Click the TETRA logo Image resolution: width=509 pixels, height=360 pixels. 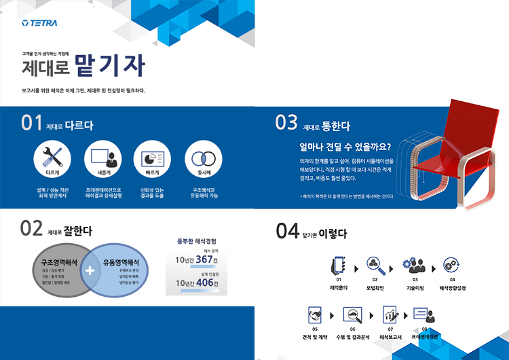pyautogui.click(x=39, y=23)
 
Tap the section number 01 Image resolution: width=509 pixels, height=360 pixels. pyautogui.click(x=32, y=124)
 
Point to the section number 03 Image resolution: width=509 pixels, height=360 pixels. pyautogui.click(x=286, y=123)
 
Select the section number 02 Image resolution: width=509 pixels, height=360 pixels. pyautogui.click(x=32, y=229)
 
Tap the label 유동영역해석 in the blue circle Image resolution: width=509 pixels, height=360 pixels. pyautogui.click(x=121, y=262)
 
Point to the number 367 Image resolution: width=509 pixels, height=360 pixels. pyautogui.click(x=204, y=259)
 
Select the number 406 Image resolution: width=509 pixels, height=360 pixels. pyautogui.click(x=204, y=283)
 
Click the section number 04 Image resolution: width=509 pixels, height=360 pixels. pyautogui.click(x=287, y=232)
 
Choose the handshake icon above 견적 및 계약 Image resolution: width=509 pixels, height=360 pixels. pyautogui.click(x=314, y=315)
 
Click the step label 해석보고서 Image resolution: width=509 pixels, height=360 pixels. pyautogui.click(x=391, y=336)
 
